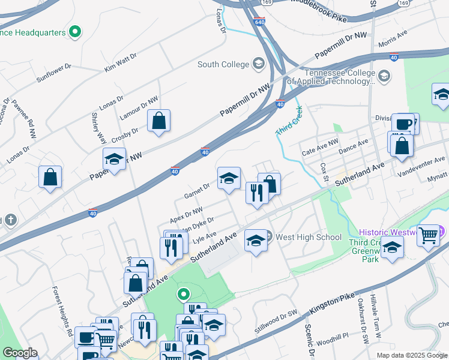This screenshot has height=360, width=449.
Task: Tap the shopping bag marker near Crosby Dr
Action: (158, 121)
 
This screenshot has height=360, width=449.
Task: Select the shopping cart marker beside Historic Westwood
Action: (428, 235)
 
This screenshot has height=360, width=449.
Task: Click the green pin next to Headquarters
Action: (75, 32)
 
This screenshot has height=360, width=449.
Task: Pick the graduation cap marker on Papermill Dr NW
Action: (114, 159)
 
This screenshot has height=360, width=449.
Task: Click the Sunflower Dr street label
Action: (53, 73)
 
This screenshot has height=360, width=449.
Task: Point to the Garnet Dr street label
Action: (197, 191)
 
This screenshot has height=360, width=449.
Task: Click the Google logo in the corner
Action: (19, 353)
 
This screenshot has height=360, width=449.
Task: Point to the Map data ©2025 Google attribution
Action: (411, 355)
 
